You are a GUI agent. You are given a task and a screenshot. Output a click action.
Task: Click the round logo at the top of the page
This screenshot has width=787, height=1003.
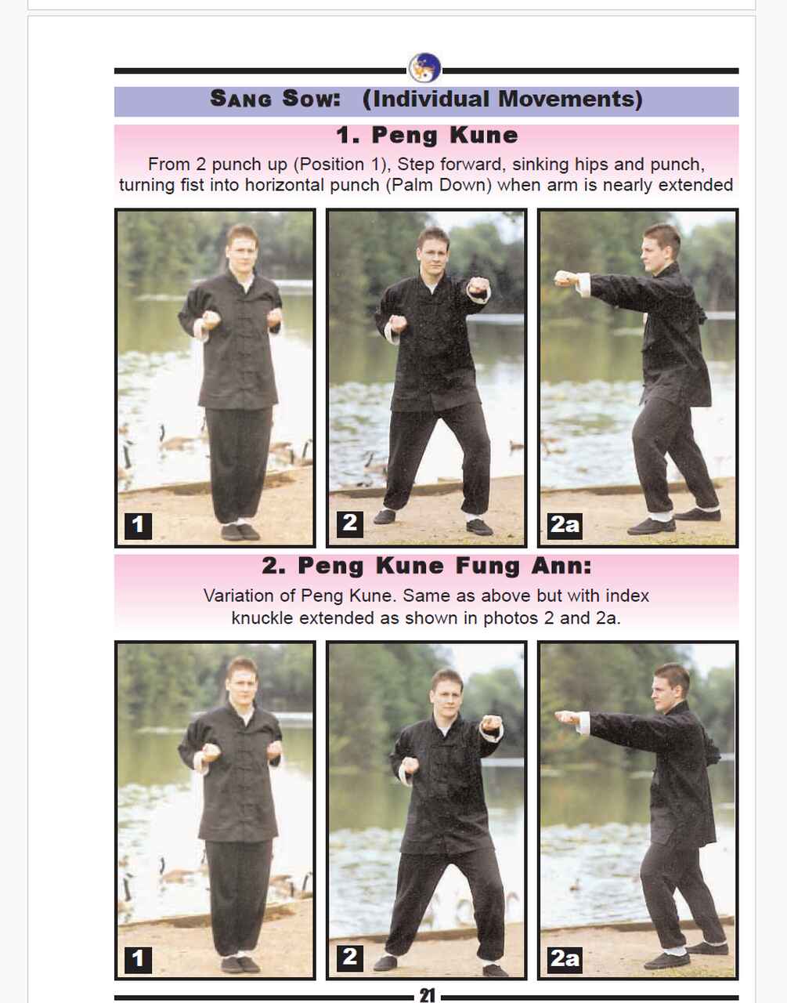click(425, 68)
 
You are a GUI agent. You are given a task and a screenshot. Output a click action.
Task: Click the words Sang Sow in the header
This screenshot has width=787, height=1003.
click(275, 99)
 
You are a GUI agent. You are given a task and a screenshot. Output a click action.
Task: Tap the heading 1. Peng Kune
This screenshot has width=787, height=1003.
click(427, 136)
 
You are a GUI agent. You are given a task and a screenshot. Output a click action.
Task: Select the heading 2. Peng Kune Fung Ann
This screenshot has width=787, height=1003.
click(427, 566)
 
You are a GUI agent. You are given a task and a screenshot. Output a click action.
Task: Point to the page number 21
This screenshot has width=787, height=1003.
click(427, 995)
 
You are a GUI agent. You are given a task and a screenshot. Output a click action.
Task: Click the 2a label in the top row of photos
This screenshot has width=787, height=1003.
click(565, 524)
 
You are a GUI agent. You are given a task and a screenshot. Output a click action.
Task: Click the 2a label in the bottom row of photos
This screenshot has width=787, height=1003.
click(565, 958)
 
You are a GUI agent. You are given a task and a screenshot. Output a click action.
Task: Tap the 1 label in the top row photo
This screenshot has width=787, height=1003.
click(138, 524)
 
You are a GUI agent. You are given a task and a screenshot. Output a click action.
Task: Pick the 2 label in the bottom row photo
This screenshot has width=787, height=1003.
click(349, 957)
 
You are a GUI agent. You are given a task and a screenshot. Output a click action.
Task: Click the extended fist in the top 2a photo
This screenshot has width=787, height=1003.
click(565, 277)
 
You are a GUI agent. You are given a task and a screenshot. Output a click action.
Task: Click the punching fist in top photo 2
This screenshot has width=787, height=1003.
click(478, 286)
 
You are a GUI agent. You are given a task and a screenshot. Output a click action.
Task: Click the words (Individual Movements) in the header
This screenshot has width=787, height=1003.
click(502, 99)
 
